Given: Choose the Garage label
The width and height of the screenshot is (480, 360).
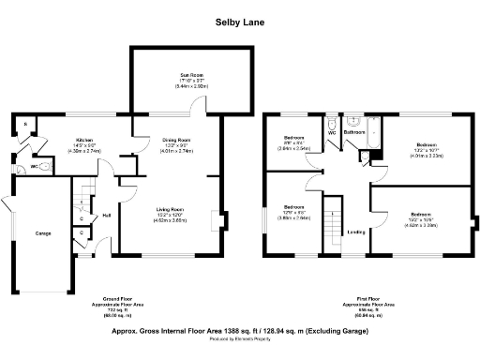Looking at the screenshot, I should point(43,232).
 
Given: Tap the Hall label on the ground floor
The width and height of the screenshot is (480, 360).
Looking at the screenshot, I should point(106,216).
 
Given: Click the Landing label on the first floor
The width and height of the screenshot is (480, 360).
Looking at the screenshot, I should point(356,232).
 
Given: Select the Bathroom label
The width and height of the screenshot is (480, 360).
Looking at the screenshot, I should point(353,133).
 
